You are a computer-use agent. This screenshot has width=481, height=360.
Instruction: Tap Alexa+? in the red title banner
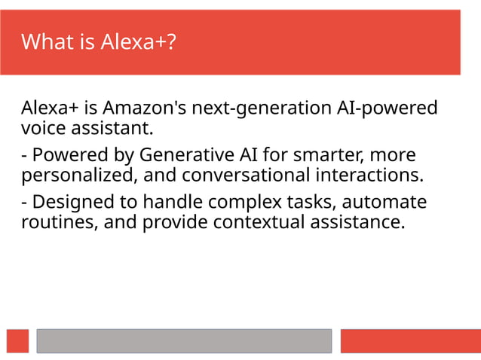pyautogui.click(x=139, y=41)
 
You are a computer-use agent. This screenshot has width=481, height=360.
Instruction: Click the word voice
pyautogui.click(x=41, y=127)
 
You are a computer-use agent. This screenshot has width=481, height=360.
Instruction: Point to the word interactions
pyautogui.click(x=375, y=175)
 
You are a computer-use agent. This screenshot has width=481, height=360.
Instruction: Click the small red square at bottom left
pyautogui.click(x=17, y=340)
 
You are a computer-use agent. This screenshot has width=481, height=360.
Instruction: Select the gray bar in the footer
pyautogui.click(x=184, y=340)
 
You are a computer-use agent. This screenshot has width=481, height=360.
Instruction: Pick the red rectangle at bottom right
pyautogui.click(x=410, y=340)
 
